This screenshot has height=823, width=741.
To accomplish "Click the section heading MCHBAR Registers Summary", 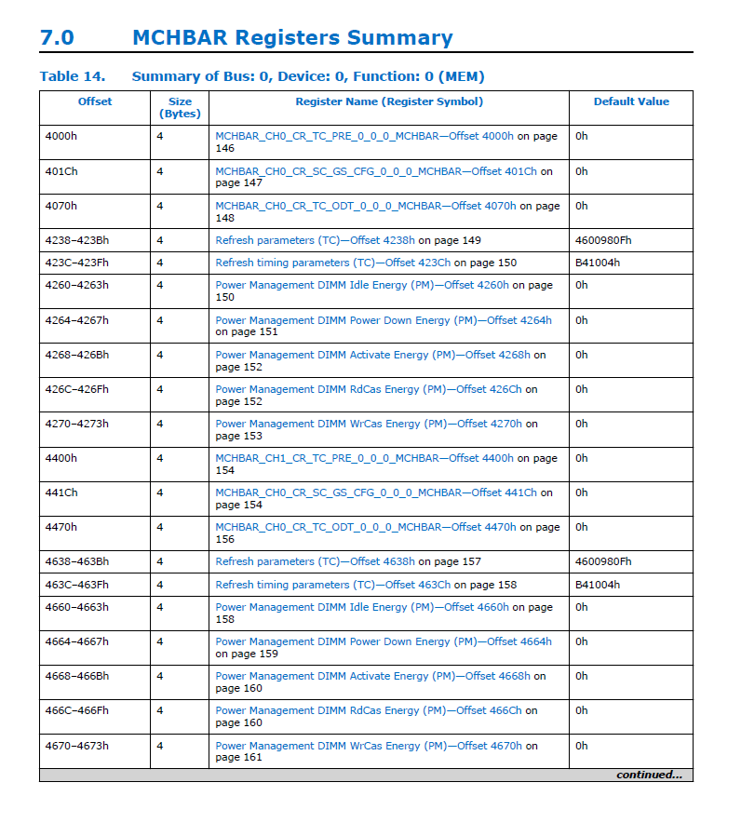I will (x=292, y=38).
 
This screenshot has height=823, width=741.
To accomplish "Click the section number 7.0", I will (x=57, y=38).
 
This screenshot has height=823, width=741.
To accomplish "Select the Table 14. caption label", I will (x=73, y=76).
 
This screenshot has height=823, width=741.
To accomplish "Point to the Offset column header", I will (x=94, y=101).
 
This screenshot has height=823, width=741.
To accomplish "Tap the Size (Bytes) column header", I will (x=180, y=107).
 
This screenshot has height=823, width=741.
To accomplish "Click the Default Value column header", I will (x=630, y=101).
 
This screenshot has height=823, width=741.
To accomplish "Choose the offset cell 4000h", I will (x=61, y=136).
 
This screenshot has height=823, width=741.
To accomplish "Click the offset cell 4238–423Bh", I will (x=76, y=240).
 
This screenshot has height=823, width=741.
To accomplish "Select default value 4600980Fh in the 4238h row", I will (x=603, y=240).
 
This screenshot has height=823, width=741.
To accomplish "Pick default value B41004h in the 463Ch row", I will (x=598, y=585).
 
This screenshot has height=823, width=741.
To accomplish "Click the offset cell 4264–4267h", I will (x=76, y=320).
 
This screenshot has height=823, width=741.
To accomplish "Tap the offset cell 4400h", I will (x=61, y=458).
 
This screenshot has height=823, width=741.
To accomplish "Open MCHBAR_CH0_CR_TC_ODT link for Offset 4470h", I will (x=365, y=527).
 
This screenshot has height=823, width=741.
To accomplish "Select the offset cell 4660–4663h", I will (x=76, y=607).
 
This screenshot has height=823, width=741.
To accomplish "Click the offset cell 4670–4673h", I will (x=76, y=745).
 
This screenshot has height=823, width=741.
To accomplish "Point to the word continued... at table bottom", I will (x=648, y=775).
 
